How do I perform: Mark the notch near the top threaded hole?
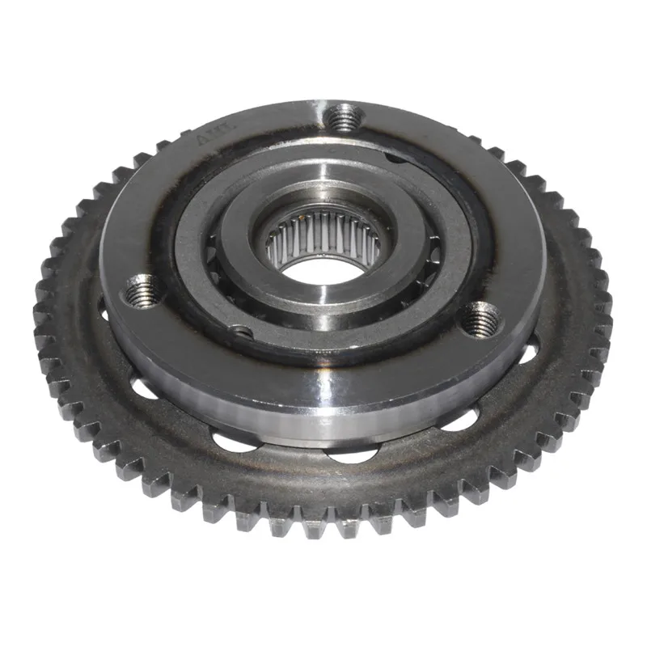395,159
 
